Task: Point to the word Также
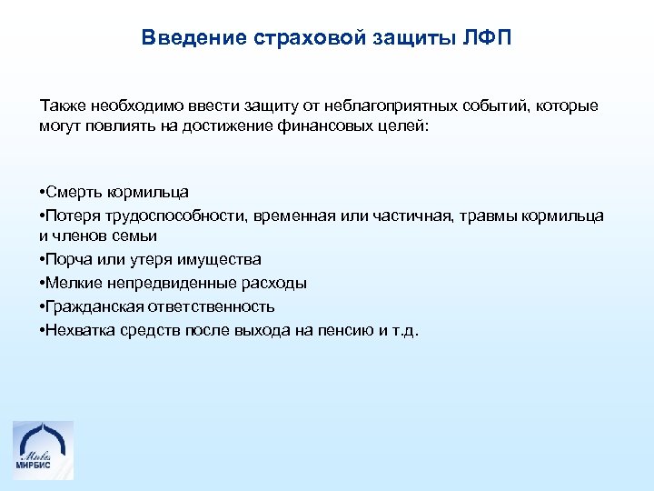point(59,105)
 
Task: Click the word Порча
point(70,259)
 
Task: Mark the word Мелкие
point(75,283)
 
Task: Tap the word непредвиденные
point(173,283)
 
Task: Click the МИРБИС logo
point(43,449)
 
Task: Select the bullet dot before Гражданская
point(44,306)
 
